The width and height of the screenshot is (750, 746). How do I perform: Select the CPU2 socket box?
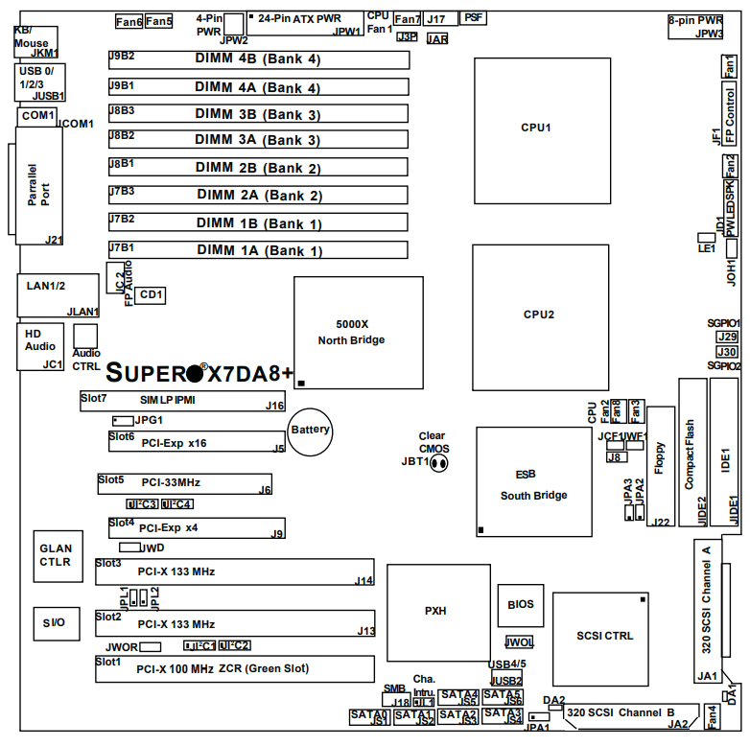coord(540,314)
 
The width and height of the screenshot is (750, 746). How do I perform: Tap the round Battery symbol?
coord(311,431)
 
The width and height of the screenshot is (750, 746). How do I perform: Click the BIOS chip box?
coord(521,605)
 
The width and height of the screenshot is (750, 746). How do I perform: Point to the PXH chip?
coord(434,611)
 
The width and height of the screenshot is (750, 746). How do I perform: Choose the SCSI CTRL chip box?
coord(604,635)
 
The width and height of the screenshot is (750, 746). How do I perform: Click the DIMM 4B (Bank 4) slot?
coord(258,59)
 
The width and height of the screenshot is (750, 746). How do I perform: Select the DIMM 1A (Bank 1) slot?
coord(258,251)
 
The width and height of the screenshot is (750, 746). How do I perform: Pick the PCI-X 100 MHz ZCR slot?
coord(234,669)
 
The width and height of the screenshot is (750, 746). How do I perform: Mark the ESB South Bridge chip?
coord(533,481)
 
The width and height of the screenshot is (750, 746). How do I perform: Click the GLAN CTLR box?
coord(55,556)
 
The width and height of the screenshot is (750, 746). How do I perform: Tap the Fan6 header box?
coord(128,20)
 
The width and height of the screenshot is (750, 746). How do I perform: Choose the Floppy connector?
coord(660,467)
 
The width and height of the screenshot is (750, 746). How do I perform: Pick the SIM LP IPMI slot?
coord(182,400)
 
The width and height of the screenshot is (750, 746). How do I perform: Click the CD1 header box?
coord(151,295)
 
